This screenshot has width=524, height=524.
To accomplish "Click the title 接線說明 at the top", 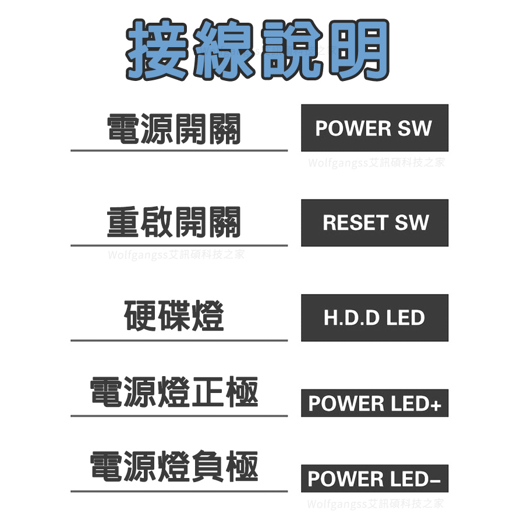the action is coord(258,50).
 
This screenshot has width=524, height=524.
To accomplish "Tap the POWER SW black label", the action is coord(374,128).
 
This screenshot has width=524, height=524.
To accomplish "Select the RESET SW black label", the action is coord(374,222).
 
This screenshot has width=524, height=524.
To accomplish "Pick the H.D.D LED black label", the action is coord(374,318).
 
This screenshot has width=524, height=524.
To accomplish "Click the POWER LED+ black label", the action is coord(374,403).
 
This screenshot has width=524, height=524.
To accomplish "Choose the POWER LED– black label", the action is coord(374,479).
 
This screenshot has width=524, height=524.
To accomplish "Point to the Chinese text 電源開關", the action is coord(174,129).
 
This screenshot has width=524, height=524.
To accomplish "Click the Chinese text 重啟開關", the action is coord(174,223).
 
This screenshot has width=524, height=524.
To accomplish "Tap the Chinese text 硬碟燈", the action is coord(174,317).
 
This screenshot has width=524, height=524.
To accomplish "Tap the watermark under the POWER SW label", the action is coord(376,162).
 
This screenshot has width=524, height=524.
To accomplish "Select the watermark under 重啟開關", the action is coord(176,254).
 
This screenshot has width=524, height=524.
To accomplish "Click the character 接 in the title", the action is coord(158,50).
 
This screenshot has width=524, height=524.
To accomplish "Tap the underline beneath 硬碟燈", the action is coord(179,340).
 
